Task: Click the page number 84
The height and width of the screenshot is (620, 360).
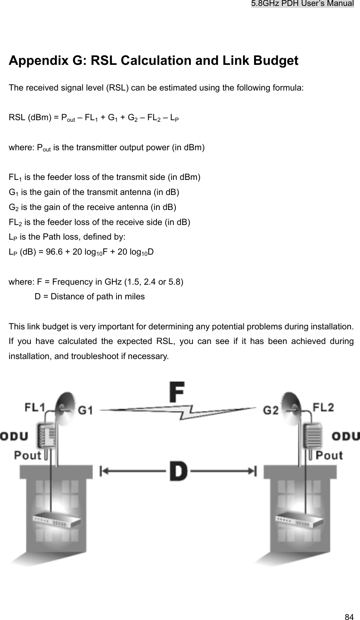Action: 349,616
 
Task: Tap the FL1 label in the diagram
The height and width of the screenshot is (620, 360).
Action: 35,408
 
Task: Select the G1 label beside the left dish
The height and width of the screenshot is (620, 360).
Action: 85,410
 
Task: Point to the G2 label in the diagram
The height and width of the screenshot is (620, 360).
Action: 273,410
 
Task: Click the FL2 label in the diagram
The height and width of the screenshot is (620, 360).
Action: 323,407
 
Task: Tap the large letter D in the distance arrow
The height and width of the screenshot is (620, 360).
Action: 179,471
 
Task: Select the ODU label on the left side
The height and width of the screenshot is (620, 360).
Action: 14,437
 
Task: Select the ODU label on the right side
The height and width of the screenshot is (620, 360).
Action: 345,437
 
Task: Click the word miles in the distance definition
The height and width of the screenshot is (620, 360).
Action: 135,296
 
